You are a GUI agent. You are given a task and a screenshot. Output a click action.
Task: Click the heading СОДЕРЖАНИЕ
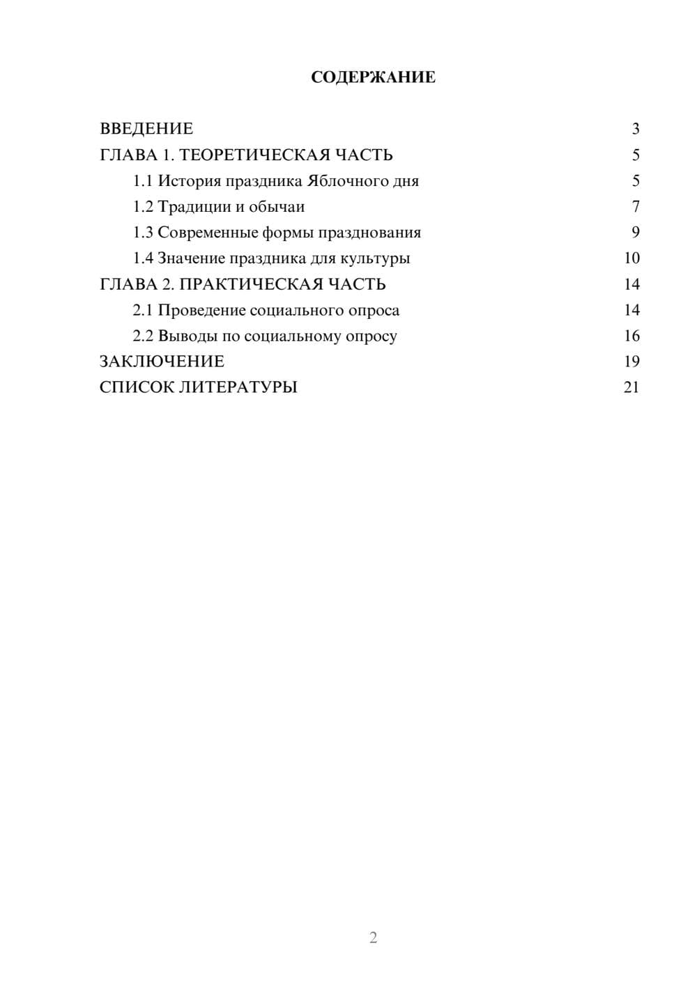click(373, 77)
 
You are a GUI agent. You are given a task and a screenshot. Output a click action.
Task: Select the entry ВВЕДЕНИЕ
click(146, 129)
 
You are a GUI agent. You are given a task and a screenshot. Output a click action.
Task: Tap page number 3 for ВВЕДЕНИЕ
click(635, 129)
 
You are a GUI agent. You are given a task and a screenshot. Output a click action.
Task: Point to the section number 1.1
click(143, 181)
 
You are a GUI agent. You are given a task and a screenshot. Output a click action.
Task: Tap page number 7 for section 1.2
click(635, 207)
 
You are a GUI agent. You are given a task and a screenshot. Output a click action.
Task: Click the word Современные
click(207, 233)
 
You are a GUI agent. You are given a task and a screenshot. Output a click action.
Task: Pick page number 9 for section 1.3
click(635, 233)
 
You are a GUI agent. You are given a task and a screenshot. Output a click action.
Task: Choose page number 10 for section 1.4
click(631, 258)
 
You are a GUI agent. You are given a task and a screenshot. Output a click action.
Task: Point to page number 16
click(631, 336)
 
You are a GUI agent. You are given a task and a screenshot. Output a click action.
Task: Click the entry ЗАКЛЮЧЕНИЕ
click(162, 362)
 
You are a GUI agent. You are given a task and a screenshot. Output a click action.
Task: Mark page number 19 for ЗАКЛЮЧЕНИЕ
click(631, 362)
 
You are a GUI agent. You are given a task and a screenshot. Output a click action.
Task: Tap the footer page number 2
click(373, 938)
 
